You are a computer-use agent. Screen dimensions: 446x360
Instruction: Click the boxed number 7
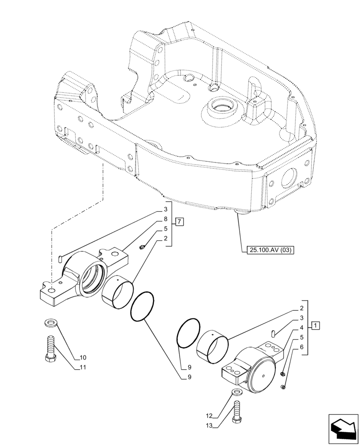pyautogui.click(x=178, y=222)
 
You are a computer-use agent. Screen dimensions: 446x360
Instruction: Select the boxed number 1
pyautogui.click(x=315, y=325)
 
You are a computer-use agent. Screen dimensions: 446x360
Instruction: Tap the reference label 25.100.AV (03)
pyautogui.click(x=269, y=250)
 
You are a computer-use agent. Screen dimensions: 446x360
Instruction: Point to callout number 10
pyautogui.click(x=83, y=358)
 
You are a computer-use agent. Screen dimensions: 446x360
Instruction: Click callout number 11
pyautogui.click(x=83, y=368)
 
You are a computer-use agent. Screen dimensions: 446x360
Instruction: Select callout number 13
pyautogui.click(x=209, y=426)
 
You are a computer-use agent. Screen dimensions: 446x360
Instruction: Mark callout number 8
pyautogui.click(x=165, y=219)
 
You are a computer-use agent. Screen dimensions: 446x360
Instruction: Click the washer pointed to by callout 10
pyautogui.click(x=50, y=323)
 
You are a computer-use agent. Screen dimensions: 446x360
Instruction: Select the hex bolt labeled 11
pyautogui.click(x=50, y=350)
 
